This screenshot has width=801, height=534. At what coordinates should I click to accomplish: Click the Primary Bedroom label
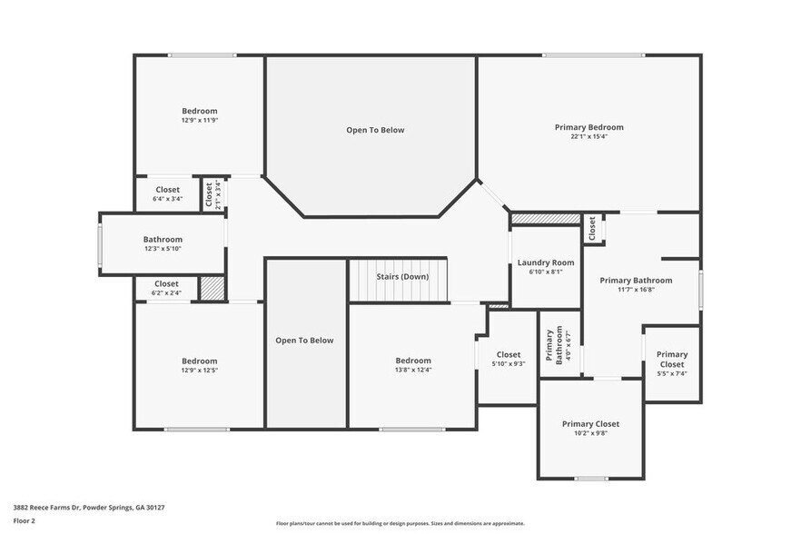(589, 127)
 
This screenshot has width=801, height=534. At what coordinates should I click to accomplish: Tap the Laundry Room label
(546, 262)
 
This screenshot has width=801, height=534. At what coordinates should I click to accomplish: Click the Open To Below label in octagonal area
(375, 130)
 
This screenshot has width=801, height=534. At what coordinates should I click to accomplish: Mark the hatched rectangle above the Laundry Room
(546, 219)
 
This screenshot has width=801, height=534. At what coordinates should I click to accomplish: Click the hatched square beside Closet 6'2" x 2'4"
(212, 288)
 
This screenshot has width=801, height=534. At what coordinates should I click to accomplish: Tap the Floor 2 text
(24, 521)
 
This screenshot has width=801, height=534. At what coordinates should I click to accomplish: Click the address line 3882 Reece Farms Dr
(89, 508)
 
